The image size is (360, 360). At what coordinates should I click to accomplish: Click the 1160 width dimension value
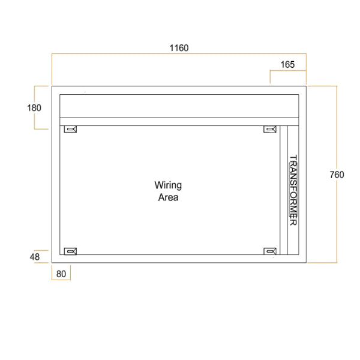(x=179, y=48)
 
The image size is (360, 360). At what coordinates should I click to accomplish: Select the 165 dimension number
(x=287, y=64)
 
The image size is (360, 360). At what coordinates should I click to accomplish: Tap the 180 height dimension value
(x=34, y=108)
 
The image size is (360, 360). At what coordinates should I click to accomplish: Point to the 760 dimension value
(x=337, y=175)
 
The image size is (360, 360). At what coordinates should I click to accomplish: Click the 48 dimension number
(x=34, y=257)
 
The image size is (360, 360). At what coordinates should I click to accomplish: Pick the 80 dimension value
(x=61, y=273)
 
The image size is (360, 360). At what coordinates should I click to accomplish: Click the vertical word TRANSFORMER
(x=293, y=190)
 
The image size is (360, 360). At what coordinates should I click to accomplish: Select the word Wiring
(x=168, y=185)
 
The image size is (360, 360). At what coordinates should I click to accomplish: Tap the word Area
(x=168, y=197)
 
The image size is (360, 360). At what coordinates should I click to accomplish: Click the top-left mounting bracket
(x=71, y=130)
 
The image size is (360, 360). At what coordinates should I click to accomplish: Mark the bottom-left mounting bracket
(x=71, y=251)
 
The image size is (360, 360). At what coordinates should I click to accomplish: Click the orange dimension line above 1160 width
(x=179, y=55)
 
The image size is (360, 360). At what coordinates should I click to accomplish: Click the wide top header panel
(x=179, y=106)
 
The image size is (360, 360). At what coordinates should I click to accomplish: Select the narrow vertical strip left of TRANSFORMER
(x=283, y=190)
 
